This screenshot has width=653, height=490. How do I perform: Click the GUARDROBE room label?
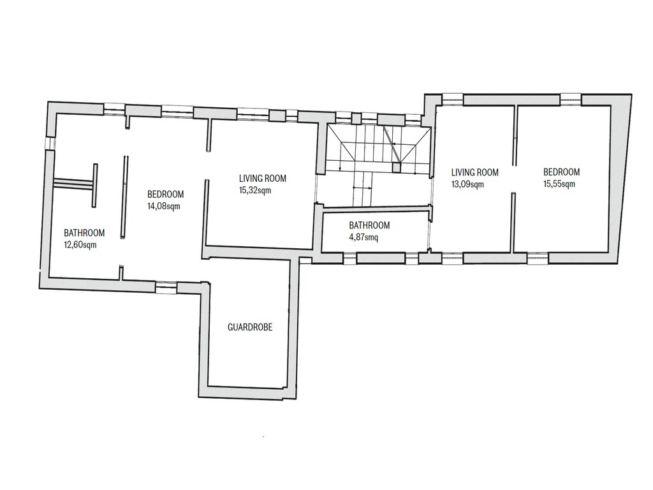250,327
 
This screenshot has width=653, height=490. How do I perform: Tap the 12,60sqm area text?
80,244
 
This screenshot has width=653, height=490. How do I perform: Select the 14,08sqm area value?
164,206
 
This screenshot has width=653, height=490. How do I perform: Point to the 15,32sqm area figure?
255,190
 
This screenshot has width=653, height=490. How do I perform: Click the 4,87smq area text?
363,237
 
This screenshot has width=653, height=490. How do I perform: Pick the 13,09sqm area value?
467,184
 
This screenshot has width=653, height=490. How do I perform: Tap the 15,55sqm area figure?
559,184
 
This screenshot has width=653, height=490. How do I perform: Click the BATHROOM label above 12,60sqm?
84,232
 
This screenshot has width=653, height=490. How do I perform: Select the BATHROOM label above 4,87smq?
369,225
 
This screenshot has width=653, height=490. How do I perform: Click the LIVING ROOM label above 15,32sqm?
262,179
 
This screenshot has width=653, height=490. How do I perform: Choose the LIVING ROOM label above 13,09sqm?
474,172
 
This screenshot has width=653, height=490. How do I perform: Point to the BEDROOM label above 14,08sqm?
165,194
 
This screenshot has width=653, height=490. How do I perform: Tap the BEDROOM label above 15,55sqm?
561,172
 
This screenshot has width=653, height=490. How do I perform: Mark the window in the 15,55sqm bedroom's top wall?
570,99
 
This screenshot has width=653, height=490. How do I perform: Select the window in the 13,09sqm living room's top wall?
452,99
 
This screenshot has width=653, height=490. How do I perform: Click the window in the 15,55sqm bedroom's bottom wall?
538,258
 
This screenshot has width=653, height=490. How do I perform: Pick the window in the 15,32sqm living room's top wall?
253,114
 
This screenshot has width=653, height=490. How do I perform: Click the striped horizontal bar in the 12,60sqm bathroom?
73,184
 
